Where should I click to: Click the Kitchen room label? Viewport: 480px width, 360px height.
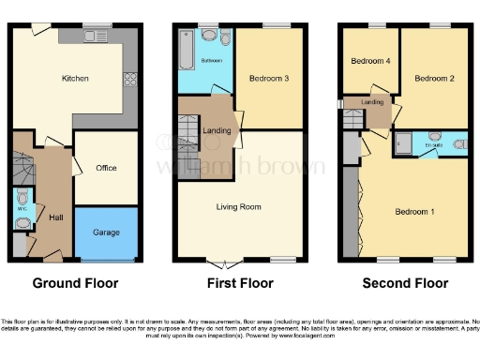pos(75,78)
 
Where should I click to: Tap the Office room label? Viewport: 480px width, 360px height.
pos(106,168)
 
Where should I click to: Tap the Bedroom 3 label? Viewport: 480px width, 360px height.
pos(268,78)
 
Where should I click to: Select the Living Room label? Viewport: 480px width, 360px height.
pos(238,206)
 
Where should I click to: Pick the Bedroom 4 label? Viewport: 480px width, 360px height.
pos(368,62)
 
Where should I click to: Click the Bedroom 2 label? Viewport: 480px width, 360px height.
pos(434,78)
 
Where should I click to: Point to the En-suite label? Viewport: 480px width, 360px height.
pos(432,145)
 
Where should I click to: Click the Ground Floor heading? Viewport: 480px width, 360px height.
pos(75,282)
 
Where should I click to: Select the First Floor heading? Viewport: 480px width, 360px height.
pos(240,282)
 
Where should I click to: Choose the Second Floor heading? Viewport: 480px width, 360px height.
pos(405,282)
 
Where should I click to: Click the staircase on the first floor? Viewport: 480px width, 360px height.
pos(188,133)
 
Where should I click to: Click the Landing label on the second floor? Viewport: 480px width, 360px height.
pos(372,102)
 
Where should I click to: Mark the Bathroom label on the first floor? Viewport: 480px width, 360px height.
pos(213,59)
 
